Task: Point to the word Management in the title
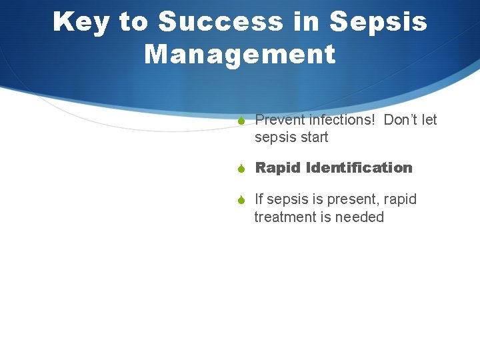(240, 54)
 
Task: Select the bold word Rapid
(278, 168)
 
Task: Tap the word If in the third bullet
(259, 199)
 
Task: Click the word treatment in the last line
(285, 217)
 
